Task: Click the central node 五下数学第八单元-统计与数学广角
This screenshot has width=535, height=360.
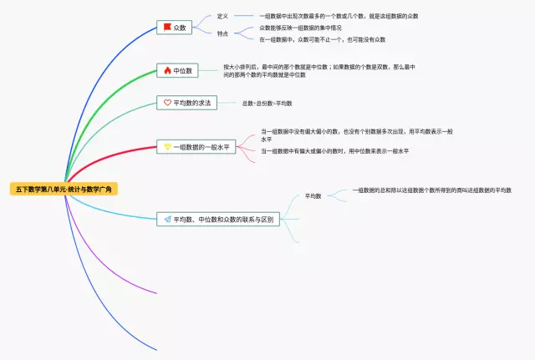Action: [x=66, y=190]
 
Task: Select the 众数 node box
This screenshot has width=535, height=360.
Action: [x=175, y=28]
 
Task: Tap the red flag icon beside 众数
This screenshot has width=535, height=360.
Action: [x=167, y=28]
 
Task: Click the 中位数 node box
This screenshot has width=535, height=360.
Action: [x=176, y=71]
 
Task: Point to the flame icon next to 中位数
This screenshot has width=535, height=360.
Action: [x=167, y=71]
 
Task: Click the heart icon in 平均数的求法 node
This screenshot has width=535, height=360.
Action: [x=167, y=103]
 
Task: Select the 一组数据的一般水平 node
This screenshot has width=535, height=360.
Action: [x=196, y=146]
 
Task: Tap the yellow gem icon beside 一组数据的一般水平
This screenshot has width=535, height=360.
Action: [x=167, y=146]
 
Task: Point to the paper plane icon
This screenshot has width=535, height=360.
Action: [x=167, y=219]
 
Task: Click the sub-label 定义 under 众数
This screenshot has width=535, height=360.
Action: [x=222, y=16]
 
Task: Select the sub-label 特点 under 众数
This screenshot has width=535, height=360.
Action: [x=222, y=33]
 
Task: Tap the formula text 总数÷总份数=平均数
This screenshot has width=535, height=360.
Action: [x=267, y=103]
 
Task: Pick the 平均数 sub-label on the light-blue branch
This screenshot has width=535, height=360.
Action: [x=313, y=195]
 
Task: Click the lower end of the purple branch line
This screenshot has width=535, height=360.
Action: [x=155, y=293]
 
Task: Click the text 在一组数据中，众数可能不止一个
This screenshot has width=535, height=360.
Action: [x=322, y=39]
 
